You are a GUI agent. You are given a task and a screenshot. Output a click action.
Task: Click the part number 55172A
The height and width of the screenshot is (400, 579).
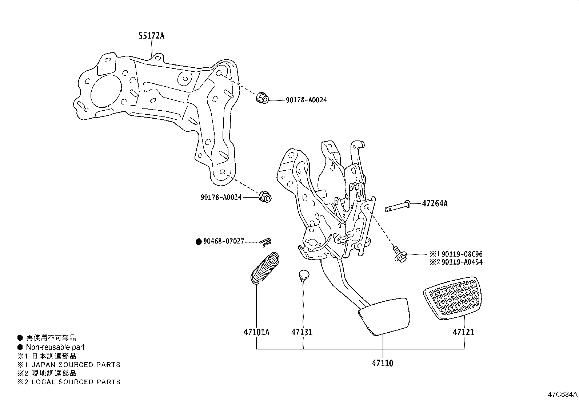[x=151, y=36]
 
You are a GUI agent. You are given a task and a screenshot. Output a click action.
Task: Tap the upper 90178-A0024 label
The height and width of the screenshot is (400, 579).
[x=306, y=100]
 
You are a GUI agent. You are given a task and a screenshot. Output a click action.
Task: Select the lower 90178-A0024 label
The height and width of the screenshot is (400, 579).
[x=221, y=197]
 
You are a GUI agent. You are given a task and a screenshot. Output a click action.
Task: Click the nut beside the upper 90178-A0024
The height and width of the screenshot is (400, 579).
[x=262, y=98]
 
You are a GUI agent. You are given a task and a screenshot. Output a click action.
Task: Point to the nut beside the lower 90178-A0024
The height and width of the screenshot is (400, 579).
[x=265, y=197]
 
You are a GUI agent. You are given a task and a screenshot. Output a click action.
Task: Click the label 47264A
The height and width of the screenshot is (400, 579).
[x=435, y=203]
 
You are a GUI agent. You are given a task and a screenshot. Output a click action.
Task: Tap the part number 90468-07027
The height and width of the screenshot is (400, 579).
[x=224, y=241]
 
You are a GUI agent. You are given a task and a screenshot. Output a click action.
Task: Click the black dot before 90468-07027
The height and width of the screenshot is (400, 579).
[x=199, y=241]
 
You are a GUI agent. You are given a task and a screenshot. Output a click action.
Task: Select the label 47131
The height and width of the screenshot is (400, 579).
[x=302, y=332]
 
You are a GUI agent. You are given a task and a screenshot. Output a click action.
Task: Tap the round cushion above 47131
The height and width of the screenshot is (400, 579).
[x=303, y=276]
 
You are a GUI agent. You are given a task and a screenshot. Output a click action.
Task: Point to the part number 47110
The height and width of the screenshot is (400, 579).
[x=382, y=363]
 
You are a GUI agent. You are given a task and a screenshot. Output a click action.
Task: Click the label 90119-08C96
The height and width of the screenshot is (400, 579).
[x=462, y=254]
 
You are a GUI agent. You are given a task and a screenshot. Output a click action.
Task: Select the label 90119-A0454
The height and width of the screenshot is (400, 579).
[x=462, y=262]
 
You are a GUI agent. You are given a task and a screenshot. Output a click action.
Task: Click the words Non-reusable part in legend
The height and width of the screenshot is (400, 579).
[x=55, y=347]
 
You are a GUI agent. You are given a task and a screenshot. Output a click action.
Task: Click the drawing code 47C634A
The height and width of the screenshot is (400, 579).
[x=562, y=394]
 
